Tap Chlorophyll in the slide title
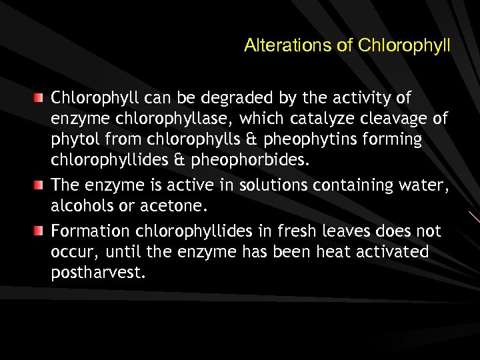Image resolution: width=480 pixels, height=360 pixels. tap(404, 46)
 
